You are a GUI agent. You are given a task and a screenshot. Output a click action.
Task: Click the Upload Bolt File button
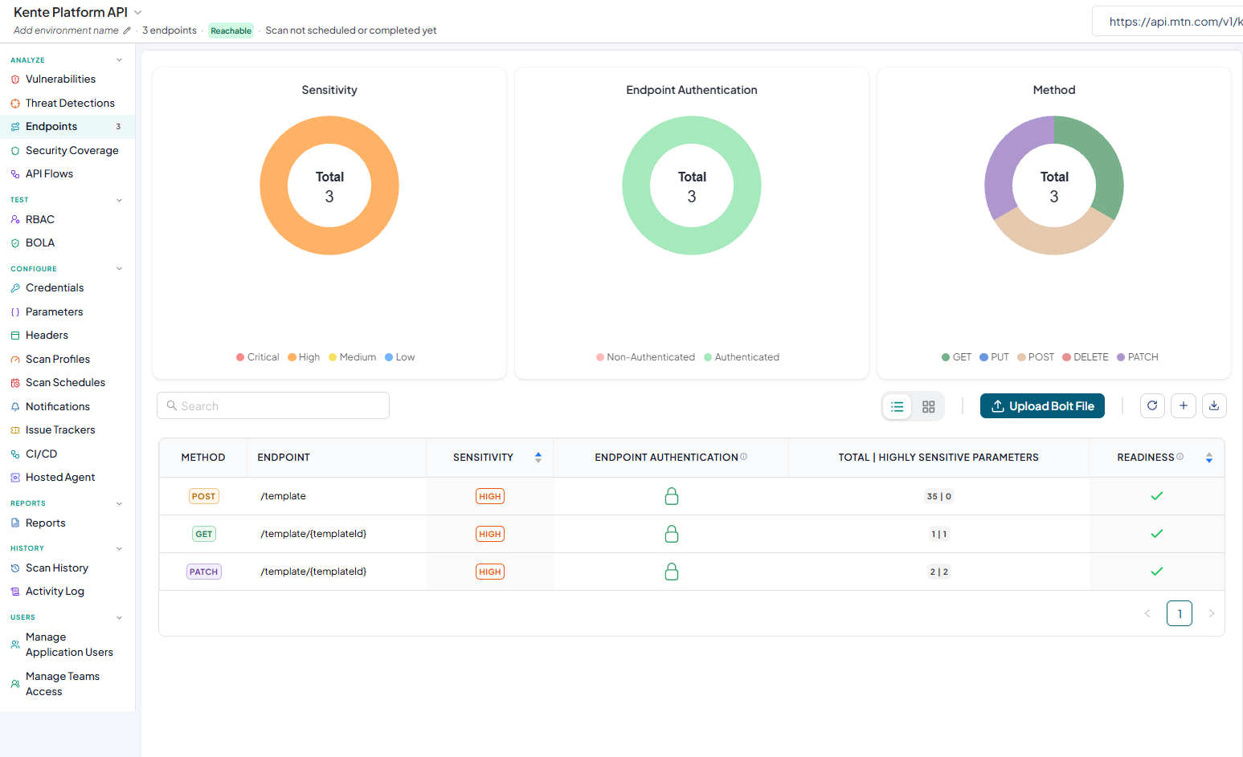tap(1042, 406)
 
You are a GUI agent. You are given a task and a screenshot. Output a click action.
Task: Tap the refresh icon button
tap(1152, 406)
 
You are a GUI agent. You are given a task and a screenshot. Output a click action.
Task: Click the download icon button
tap(1214, 406)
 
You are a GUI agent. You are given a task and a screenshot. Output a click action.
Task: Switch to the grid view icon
tap(928, 406)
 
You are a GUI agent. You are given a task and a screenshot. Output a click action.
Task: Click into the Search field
tap(273, 406)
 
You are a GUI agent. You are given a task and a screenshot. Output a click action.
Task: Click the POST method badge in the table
tap(203, 496)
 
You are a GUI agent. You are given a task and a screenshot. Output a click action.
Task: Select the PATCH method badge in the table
tap(203, 572)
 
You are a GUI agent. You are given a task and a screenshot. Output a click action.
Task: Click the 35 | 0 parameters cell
tap(938, 496)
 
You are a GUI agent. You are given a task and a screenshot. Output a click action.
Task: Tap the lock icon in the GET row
tap(672, 534)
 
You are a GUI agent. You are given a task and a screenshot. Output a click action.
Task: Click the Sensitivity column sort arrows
tap(538, 457)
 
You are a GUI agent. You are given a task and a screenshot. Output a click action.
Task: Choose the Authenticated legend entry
tap(742, 357)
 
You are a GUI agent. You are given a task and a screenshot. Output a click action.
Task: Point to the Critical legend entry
tap(257, 357)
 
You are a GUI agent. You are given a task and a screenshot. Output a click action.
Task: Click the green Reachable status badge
tap(231, 31)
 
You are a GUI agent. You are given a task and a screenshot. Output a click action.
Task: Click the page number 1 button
tap(1180, 613)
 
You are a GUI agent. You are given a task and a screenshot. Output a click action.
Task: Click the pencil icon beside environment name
tap(127, 31)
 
